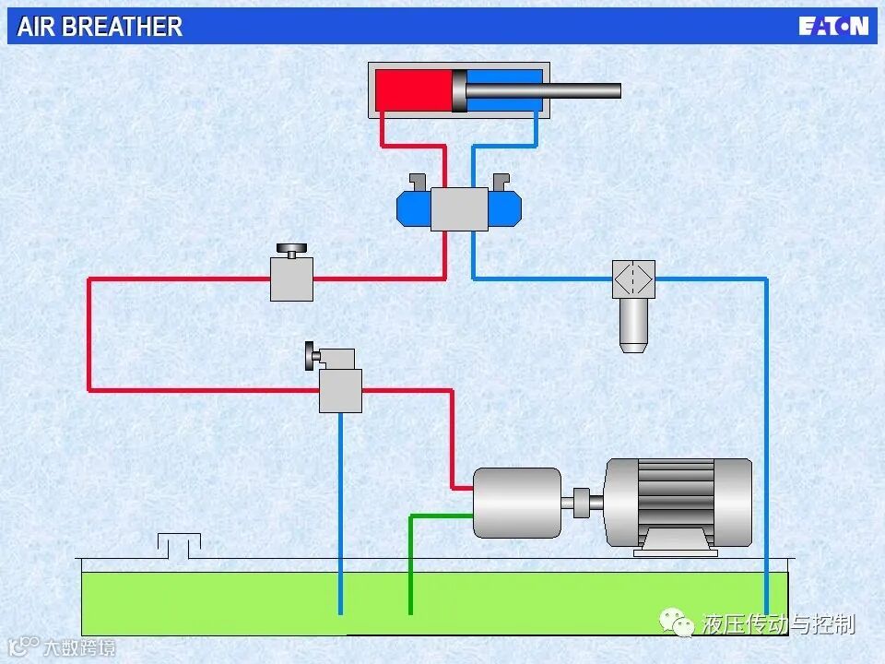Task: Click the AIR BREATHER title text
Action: (x=100, y=27)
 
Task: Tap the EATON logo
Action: (x=833, y=26)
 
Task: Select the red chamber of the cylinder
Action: (x=414, y=90)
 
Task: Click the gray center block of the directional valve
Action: (x=459, y=208)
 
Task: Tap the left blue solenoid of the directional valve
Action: (x=413, y=209)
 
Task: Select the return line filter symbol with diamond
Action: (x=633, y=278)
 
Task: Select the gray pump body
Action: (x=517, y=503)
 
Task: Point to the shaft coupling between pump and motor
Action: (x=582, y=503)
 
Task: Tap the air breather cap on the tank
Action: (x=179, y=545)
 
